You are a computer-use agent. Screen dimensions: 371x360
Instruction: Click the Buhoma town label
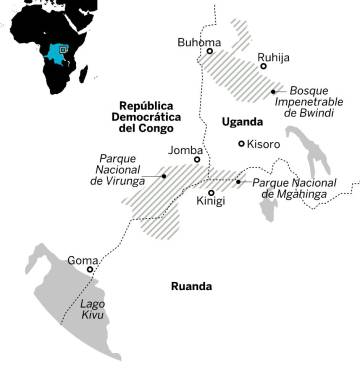[199, 42]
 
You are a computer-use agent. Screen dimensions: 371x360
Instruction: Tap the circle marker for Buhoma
[210, 52]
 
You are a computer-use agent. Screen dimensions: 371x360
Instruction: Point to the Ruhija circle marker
[263, 66]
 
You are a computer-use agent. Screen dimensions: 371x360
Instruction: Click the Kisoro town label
[264, 144]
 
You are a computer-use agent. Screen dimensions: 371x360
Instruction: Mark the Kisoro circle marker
[241, 144]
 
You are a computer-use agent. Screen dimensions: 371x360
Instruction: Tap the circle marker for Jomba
[197, 159]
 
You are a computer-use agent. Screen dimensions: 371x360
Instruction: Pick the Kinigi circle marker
[211, 192]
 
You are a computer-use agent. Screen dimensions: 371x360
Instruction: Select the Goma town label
[82, 261]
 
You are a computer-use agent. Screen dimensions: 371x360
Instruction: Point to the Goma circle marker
[91, 270]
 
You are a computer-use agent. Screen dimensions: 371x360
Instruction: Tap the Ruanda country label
[191, 286]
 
